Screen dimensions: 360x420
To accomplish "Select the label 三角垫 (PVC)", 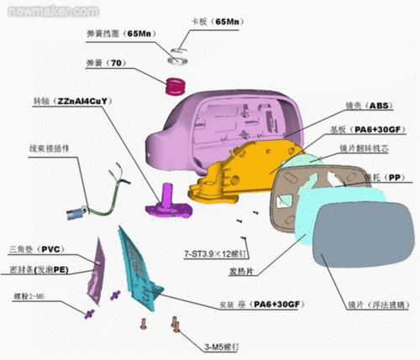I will point(37,250).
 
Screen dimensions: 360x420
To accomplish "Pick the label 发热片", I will point(243,271).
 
